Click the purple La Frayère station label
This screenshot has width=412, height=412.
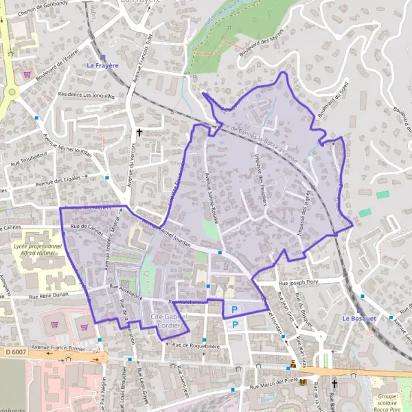tap(102, 65)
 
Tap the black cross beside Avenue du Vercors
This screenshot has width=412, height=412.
tap(139, 132)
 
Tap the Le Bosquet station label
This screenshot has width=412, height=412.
tap(359, 319)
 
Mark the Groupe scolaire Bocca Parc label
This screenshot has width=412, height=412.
tap(388, 400)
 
